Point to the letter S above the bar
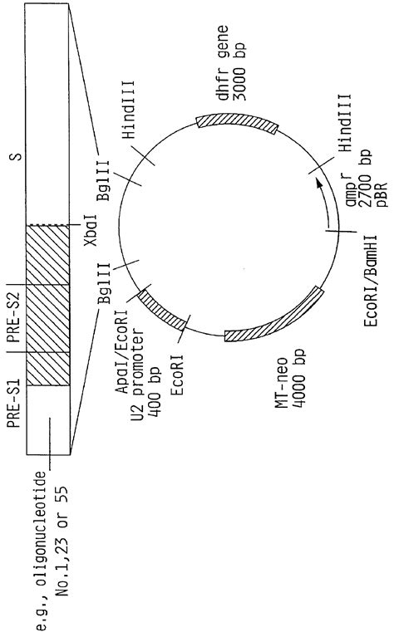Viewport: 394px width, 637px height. click(x=16, y=156)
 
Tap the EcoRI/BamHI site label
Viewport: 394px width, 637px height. click(x=371, y=281)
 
